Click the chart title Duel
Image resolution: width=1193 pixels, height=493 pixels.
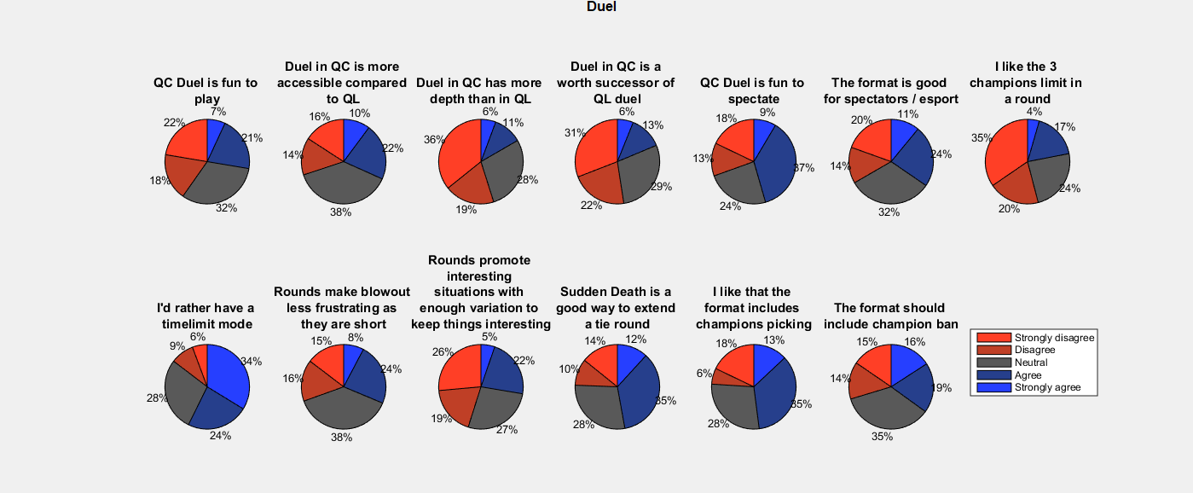(x=601, y=7)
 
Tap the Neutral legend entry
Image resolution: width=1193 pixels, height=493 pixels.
(x=1030, y=362)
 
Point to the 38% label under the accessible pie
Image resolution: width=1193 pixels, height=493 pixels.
(x=341, y=212)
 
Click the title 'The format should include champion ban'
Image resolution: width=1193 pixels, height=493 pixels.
(x=890, y=316)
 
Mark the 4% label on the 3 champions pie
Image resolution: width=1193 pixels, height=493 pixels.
(x=1034, y=111)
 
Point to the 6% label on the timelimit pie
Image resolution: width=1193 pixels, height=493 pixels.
(x=197, y=337)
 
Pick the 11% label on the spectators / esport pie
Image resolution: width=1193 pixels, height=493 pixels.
(x=908, y=113)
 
